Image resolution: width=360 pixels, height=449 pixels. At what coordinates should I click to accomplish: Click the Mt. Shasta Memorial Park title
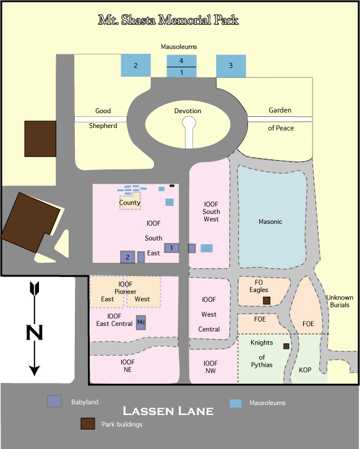click(x=168, y=20)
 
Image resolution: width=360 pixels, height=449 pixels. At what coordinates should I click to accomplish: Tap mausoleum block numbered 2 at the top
click(x=135, y=66)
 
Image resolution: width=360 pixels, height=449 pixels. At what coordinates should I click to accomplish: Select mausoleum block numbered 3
click(x=231, y=66)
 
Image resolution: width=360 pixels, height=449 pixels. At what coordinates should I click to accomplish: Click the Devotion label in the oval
click(x=188, y=111)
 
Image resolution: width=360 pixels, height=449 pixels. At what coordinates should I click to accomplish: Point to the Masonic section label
click(x=270, y=221)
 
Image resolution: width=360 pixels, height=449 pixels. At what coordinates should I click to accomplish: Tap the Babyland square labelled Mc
click(x=141, y=322)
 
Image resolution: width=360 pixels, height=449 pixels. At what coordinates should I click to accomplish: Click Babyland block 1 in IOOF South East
click(x=171, y=248)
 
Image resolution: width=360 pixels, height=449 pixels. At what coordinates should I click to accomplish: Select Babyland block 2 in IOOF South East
click(x=128, y=257)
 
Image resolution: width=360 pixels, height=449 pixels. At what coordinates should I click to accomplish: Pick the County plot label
click(x=130, y=202)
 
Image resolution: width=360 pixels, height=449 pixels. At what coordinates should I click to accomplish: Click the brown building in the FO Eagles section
click(x=267, y=301)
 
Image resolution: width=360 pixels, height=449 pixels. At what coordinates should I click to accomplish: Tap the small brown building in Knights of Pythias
click(x=286, y=346)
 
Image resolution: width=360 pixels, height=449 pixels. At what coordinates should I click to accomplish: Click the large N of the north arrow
click(x=35, y=333)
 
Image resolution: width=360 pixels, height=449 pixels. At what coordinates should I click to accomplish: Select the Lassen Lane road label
click(x=168, y=411)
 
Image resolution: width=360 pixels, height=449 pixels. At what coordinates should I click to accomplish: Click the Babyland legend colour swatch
click(x=54, y=401)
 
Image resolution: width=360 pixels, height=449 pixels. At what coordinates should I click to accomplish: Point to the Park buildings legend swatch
click(x=88, y=424)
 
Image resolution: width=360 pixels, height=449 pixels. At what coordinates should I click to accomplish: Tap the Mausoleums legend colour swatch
click(x=236, y=403)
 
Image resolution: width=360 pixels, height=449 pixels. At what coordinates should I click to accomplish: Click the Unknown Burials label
click(x=340, y=301)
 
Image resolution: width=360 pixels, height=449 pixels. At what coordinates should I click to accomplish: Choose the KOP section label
click(x=305, y=370)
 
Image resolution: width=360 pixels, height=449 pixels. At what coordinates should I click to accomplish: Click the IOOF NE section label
click(x=128, y=366)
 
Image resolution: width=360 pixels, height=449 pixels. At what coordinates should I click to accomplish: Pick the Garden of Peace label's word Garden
click(x=280, y=110)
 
